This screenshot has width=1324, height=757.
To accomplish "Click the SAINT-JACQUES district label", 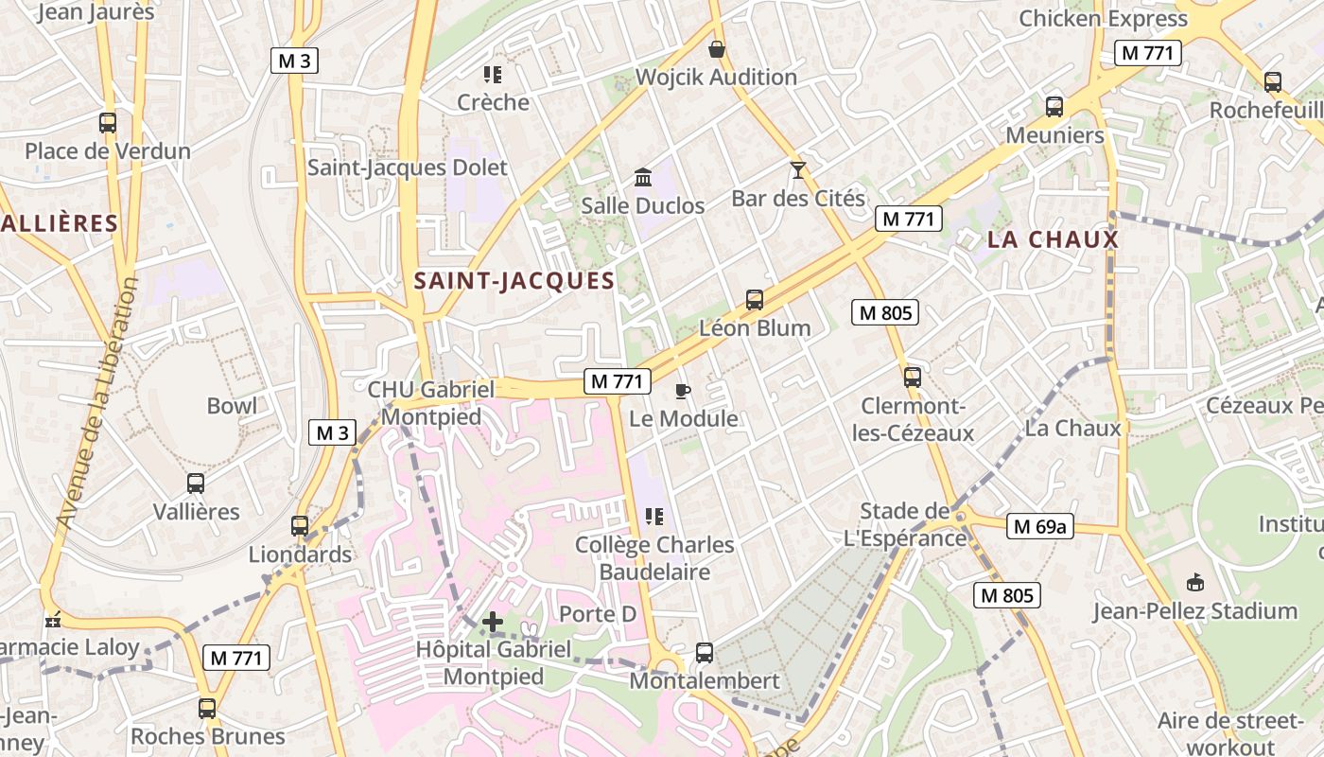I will pyautogui.click(x=514, y=281).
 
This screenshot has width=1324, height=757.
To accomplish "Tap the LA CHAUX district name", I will pyautogui.click(x=1053, y=240).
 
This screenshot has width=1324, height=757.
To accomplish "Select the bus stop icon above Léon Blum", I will pyautogui.click(x=754, y=300).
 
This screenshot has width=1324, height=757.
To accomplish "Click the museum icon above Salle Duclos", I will pyautogui.click(x=643, y=177).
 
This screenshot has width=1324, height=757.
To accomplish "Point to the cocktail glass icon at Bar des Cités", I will pyautogui.click(x=798, y=170).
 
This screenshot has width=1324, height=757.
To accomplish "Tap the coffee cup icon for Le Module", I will pyautogui.click(x=683, y=391).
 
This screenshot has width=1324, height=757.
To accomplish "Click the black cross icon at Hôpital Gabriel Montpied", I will pyautogui.click(x=493, y=622).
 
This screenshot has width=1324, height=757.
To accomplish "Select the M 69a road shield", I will pyautogui.click(x=1039, y=526).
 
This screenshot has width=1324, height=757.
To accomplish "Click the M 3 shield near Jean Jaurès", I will pyautogui.click(x=294, y=61).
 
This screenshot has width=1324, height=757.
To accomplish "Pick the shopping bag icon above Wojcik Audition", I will pyautogui.click(x=717, y=49).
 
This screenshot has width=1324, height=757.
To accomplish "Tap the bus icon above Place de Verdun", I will pyautogui.click(x=107, y=122).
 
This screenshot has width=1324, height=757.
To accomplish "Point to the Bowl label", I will pyautogui.click(x=232, y=406).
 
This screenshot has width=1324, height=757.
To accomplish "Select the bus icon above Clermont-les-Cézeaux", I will pyautogui.click(x=912, y=377).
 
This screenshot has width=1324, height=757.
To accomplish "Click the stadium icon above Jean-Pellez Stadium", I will pyautogui.click(x=1195, y=582).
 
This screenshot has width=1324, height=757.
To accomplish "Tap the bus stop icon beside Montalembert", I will pyautogui.click(x=704, y=652).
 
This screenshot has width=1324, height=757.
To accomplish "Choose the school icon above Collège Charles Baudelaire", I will pyautogui.click(x=653, y=517).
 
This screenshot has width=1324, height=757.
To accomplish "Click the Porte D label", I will pyautogui.click(x=598, y=614).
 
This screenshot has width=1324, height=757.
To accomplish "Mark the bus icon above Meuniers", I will pyautogui.click(x=1054, y=107).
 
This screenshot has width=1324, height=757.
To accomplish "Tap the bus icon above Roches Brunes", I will pyautogui.click(x=207, y=708).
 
